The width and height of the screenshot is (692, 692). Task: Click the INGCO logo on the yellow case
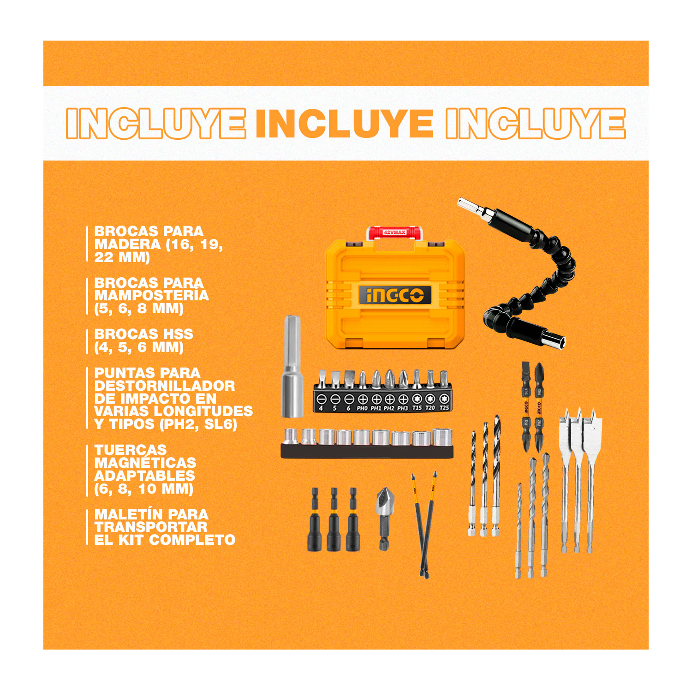pos(395,295)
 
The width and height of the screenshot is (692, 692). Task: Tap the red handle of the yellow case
pos(394,232)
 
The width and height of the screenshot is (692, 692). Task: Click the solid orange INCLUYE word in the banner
pos(345,124)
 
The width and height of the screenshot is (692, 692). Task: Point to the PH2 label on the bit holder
pos(389,408)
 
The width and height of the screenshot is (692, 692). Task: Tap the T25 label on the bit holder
pos(444,408)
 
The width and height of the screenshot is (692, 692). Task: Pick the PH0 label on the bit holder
pos(362,408)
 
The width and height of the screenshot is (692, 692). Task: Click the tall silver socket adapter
pos(292,366)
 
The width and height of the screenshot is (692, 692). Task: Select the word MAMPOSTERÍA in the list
pos(152,295)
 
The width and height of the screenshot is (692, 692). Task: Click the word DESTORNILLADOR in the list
pos(165,386)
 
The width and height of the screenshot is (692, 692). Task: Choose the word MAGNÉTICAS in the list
pos(145,462)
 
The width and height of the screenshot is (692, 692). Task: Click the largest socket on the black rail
pos(442,437)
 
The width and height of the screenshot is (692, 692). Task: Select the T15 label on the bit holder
pos(417,408)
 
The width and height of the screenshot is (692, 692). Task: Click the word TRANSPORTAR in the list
pos(151,527)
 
